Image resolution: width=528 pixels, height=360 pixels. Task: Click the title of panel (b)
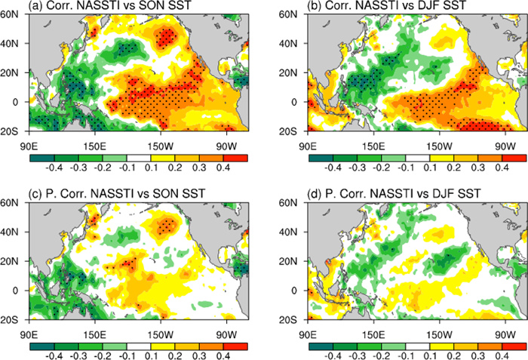tap(385, 7)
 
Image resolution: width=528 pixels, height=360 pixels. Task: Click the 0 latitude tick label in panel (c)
tap(22, 291)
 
